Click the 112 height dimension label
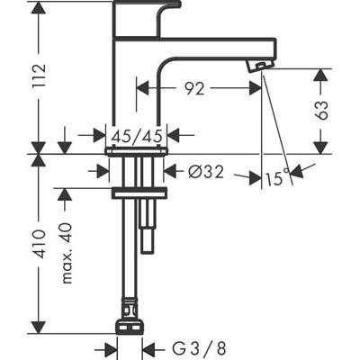[x=40, y=75]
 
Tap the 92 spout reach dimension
[x=194, y=88]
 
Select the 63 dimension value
[x=321, y=110]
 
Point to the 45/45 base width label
[x=137, y=137]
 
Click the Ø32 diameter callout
[x=206, y=172]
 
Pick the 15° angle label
[x=277, y=177]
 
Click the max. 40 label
[x=67, y=254]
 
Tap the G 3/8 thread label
[x=200, y=349]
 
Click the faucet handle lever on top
[x=147, y=18]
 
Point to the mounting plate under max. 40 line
[x=139, y=193]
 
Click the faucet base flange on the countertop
[x=137, y=151]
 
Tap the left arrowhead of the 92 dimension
[x=143, y=88]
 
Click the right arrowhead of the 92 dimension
[x=256, y=88]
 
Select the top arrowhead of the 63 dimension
[x=321, y=75]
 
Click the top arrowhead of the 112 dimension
[x=39, y=7]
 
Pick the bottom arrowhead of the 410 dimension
[x=39, y=327]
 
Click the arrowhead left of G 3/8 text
[x=111, y=349]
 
